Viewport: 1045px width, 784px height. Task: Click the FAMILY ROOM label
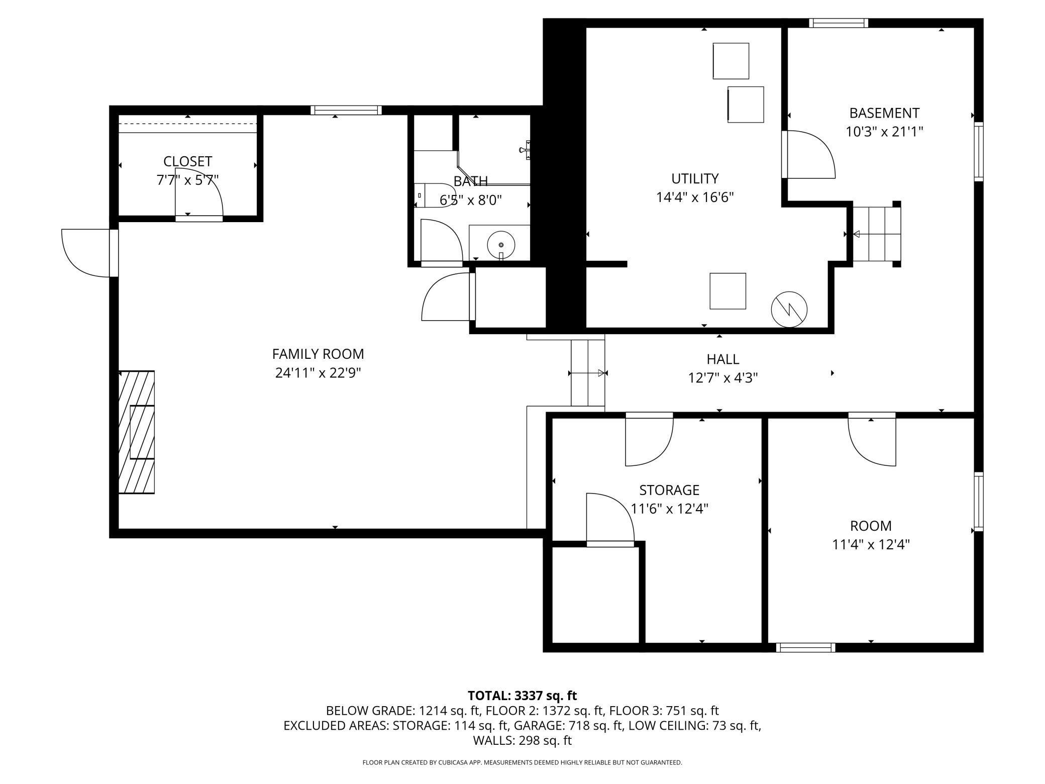pyautogui.click(x=318, y=354)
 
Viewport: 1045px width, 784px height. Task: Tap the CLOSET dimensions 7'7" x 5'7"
pyautogui.click(x=187, y=180)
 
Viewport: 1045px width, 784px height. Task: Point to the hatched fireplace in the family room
pyautogui.click(x=137, y=432)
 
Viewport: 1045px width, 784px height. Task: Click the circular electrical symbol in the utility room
pyautogui.click(x=789, y=309)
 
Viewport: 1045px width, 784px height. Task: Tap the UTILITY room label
pyautogui.click(x=695, y=178)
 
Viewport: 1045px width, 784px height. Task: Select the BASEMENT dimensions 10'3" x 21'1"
pyautogui.click(x=884, y=132)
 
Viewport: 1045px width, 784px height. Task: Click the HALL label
pyautogui.click(x=722, y=359)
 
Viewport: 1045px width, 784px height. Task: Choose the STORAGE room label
pyautogui.click(x=669, y=490)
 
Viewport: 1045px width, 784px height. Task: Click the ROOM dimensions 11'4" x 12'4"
pyautogui.click(x=871, y=544)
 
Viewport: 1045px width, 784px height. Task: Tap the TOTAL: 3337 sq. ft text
pyautogui.click(x=522, y=696)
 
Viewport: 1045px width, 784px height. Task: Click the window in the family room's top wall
pyautogui.click(x=346, y=110)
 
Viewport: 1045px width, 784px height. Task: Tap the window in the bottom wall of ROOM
pyautogui.click(x=805, y=648)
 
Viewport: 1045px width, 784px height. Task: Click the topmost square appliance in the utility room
pyautogui.click(x=730, y=61)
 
